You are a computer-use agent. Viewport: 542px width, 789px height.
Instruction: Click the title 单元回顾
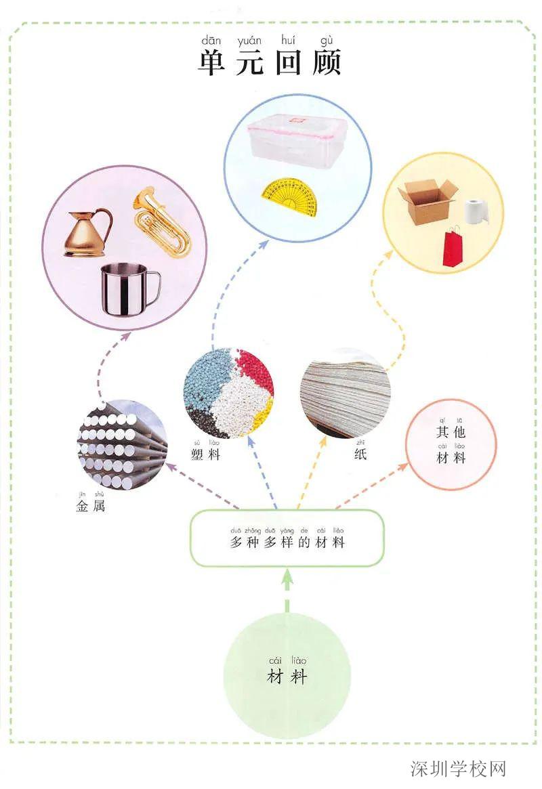(x=270, y=62)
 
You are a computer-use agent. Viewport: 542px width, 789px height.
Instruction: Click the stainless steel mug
(x=128, y=288)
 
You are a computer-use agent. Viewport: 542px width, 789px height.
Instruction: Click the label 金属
(x=91, y=505)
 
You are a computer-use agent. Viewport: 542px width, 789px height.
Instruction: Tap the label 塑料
(x=206, y=454)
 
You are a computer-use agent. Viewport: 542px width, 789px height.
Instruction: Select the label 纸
(x=360, y=454)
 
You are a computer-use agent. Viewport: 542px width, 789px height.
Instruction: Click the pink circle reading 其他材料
(x=451, y=444)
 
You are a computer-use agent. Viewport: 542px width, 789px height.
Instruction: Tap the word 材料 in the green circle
(x=287, y=676)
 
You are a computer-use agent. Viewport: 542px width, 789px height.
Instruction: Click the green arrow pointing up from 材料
(x=287, y=588)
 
